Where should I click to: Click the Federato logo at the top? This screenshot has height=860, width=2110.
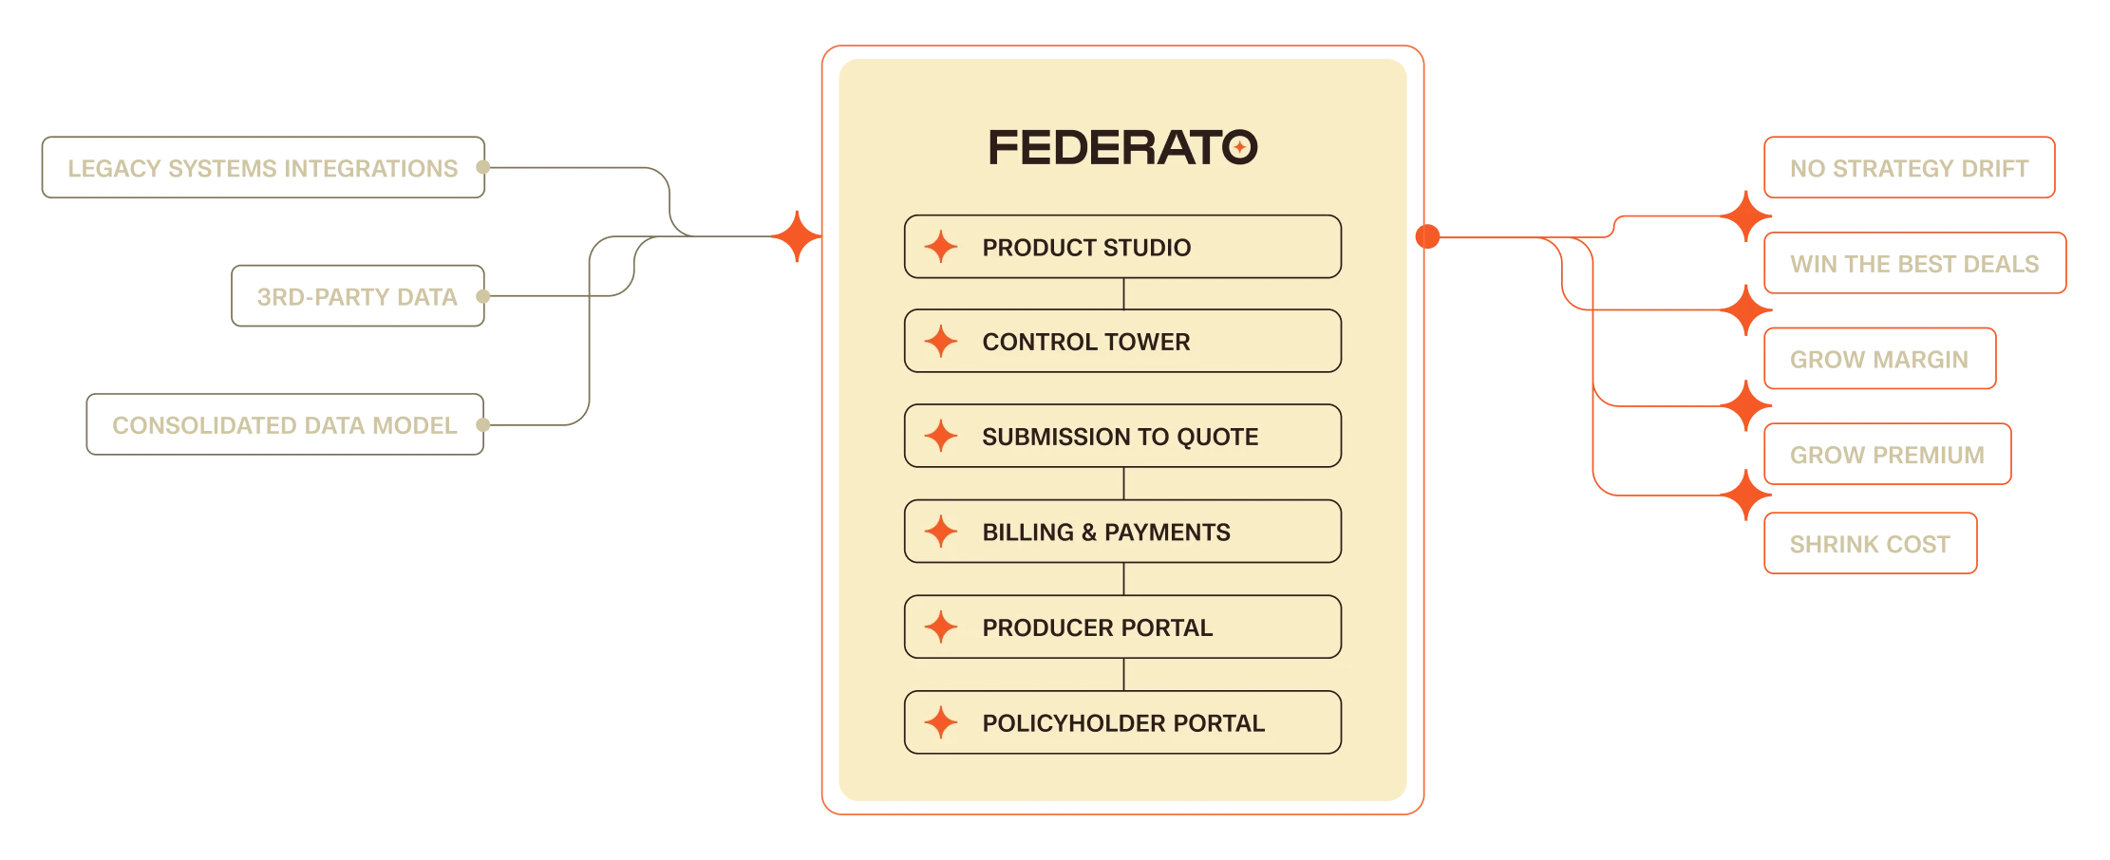click(x=1123, y=147)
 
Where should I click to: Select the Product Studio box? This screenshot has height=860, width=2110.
click(x=1122, y=247)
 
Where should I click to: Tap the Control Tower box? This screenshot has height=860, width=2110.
click(x=1122, y=341)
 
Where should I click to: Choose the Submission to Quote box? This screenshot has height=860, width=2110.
click(x=1122, y=437)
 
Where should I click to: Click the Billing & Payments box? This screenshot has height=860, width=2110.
click(x=1122, y=532)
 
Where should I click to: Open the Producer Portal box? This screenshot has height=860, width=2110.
click(x=1122, y=627)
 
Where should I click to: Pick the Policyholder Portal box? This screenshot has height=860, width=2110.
click(x=1122, y=723)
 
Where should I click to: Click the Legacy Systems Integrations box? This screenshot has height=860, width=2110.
click(x=263, y=169)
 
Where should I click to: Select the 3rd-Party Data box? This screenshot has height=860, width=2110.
click(x=358, y=296)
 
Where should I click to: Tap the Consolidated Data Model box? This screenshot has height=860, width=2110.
click(x=285, y=423)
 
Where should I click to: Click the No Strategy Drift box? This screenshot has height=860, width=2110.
click(x=1909, y=170)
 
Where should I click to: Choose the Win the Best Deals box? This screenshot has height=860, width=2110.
click(x=1914, y=263)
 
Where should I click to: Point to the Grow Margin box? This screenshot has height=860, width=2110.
click(x=1879, y=360)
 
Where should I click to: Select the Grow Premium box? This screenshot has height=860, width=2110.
click(x=1888, y=454)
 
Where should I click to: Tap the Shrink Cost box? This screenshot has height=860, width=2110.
click(x=1871, y=543)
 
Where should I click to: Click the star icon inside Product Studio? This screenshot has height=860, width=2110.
click(x=941, y=247)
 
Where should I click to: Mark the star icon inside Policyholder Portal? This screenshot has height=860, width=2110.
click(x=941, y=723)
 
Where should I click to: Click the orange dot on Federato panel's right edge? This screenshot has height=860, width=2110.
click(x=1427, y=236)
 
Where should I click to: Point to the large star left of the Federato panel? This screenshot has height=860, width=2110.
click(x=796, y=236)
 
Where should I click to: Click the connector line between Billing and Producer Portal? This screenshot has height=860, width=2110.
click(x=1124, y=579)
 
